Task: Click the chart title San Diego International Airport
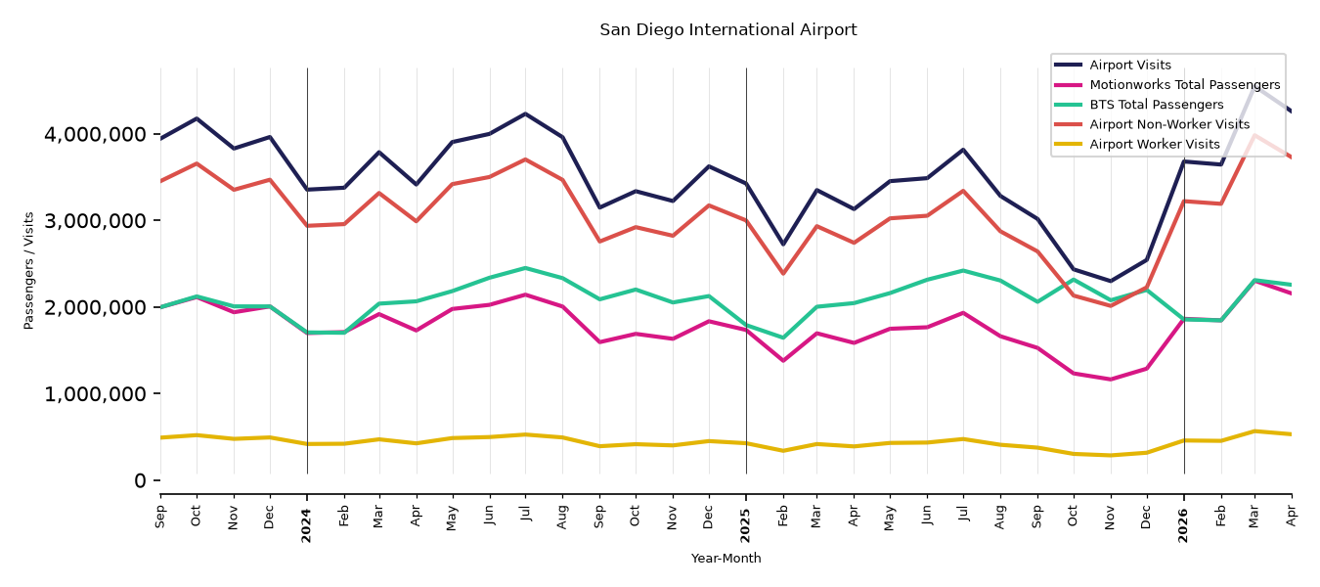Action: click(x=727, y=29)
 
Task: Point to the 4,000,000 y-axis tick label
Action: click(x=94, y=134)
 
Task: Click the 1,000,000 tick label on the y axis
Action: click(x=94, y=393)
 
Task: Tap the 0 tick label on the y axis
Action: click(x=140, y=481)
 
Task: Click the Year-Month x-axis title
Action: click(x=726, y=558)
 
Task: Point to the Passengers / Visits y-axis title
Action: click(x=28, y=271)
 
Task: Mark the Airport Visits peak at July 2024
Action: click(x=525, y=113)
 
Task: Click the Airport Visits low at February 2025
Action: click(x=782, y=244)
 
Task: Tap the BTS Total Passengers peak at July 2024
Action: click(x=525, y=268)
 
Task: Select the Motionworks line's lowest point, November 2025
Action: click(x=1111, y=379)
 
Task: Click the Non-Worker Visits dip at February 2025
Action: click(x=782, y=274)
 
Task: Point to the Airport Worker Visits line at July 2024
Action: click(x=525, y=435)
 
